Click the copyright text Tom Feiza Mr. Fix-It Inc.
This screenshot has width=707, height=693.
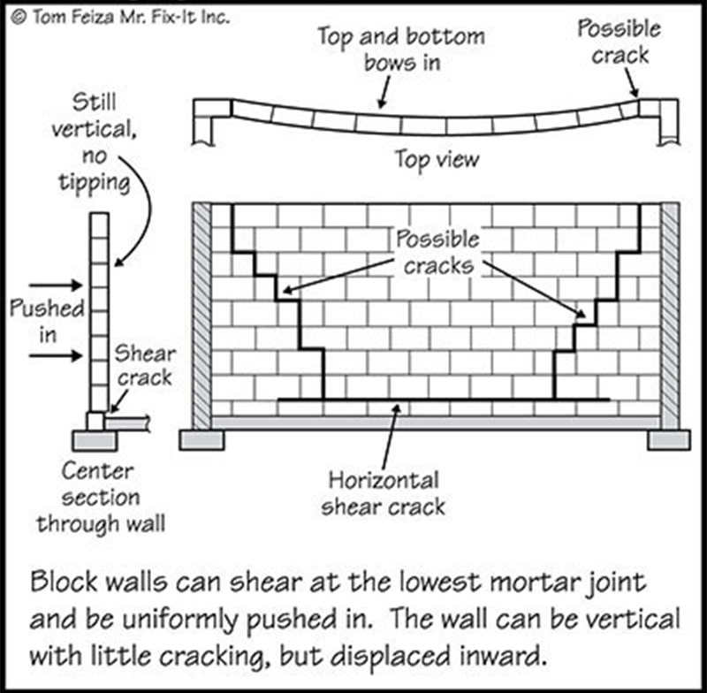[120, 18]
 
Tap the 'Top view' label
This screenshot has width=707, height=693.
[437, 160]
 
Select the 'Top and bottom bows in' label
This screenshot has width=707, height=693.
[401, 49]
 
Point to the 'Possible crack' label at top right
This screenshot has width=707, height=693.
[620, 42]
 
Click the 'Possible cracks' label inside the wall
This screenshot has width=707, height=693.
[437, 252]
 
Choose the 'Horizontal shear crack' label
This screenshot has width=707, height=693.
[384, 493]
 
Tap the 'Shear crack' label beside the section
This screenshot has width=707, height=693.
[145, 365]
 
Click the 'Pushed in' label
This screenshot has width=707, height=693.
[47, 322]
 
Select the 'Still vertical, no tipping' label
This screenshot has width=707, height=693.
[94, 143]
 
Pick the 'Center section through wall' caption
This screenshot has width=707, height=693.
[101, 498]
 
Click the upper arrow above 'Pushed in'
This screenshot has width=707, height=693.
[56, 285]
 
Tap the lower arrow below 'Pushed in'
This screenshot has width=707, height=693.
[56, 355]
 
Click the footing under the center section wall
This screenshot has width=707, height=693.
[95, 441]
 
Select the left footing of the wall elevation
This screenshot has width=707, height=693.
[201, 440]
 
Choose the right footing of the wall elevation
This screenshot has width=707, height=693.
[669, 440]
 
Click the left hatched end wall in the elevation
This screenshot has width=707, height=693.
[201, 316]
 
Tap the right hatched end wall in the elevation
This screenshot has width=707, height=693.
[671, 316]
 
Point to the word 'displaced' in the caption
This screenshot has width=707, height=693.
[391, 657]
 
